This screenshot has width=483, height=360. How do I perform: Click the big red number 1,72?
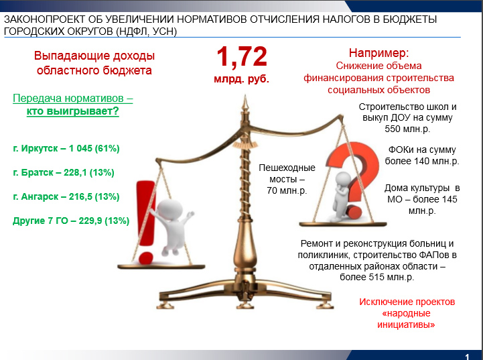click(x=242, y=57)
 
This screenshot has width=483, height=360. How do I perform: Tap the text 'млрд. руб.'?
click(x=241, y=79)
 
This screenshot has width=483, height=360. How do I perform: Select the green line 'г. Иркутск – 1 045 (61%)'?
click(x=66, y=149)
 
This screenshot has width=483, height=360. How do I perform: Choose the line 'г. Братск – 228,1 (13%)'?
click(x=64, y=172)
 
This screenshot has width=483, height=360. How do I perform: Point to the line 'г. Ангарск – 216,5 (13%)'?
click(x=66, y=196)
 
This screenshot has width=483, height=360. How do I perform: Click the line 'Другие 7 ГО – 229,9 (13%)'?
click(x=71, y=221)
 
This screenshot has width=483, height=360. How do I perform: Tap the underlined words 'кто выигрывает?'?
click(x=73, y=111)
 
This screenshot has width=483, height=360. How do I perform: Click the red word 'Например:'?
click(x=379, y=53)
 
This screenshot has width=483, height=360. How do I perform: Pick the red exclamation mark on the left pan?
click(x=145, y=222)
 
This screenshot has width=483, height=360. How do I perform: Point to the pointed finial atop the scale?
click(x=245, y=103)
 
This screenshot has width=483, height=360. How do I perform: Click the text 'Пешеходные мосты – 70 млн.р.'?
click(x=287, y=179)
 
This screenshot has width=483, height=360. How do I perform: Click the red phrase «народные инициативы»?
click(x=407, y=319)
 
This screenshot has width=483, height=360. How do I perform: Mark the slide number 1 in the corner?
click(x=467, y=357)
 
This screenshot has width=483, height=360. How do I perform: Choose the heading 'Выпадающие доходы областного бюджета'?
click(x=94, y=63)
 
